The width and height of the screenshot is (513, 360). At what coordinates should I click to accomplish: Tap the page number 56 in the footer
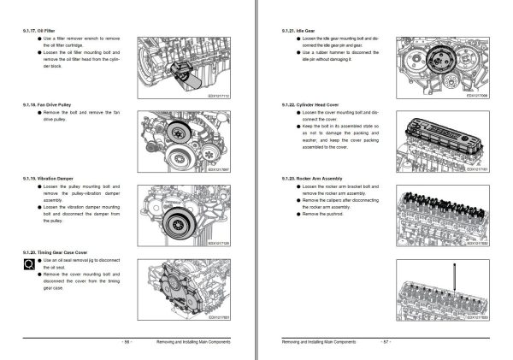127,341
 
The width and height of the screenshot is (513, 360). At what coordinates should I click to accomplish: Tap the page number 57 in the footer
385,341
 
